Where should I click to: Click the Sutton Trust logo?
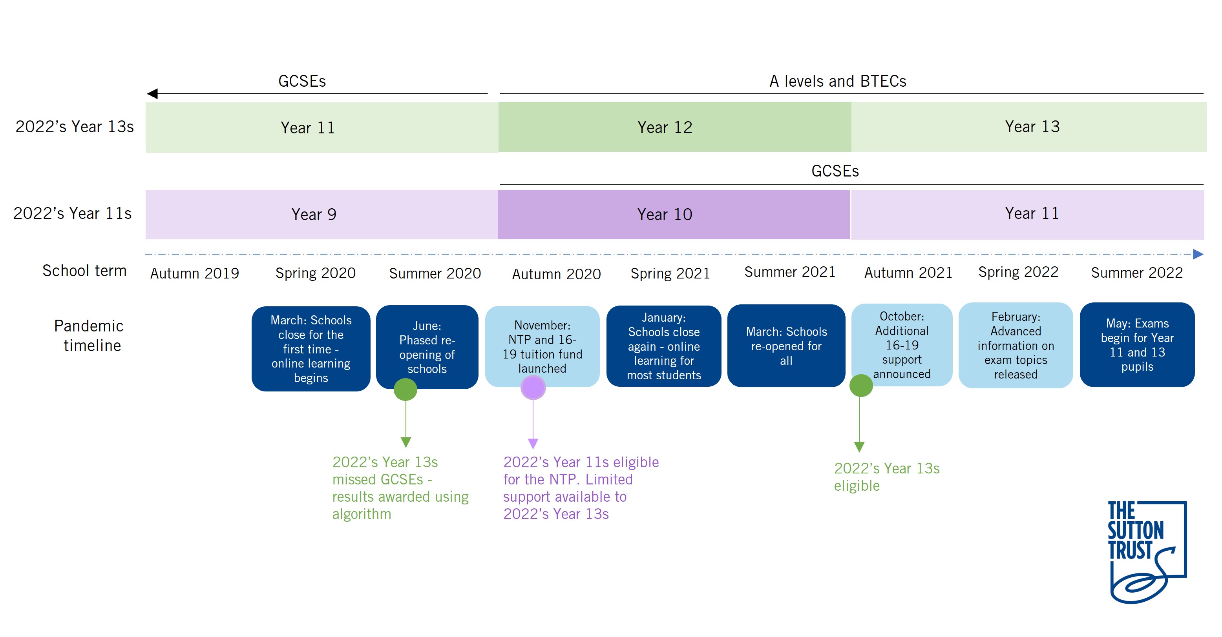[1147, 552]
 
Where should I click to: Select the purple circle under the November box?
[533, 388]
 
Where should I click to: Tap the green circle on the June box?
[406, 389]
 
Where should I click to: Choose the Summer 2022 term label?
[1137, 273]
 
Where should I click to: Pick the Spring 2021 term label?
[670, 273]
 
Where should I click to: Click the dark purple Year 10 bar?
[674, 215]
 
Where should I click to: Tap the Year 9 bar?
[321, 215]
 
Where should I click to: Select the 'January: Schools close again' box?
[664, 346]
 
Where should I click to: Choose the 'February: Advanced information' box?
[1016, 346]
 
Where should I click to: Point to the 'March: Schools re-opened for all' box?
[786, 346]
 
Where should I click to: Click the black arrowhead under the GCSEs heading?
[152, 94]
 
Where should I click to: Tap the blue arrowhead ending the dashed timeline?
[1198, 254]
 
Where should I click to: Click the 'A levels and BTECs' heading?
[838, 81]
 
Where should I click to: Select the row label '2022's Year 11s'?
[73, 213]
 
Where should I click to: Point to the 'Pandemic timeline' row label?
[89, 336]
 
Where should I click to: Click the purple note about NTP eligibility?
[581, 488]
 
